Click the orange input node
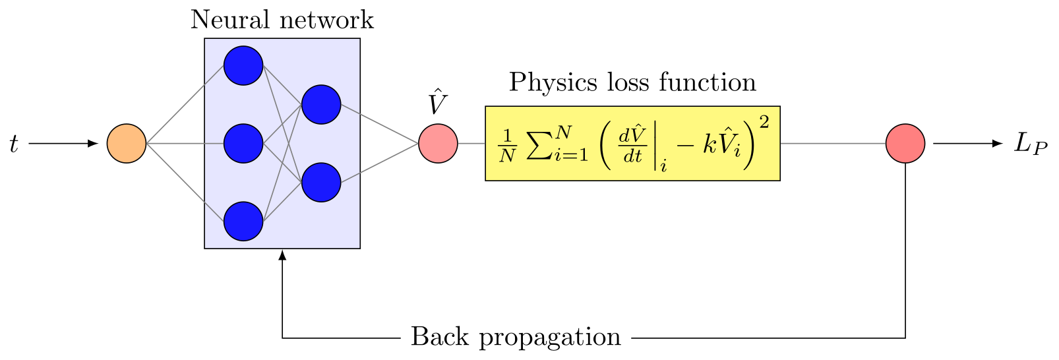tap(126, 144)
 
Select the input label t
tap(14, 144)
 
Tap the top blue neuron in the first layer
tap(243, 66)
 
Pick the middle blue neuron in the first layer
tap(243, 144)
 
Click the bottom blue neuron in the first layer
tap(243, 222)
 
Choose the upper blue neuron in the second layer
tap(321, 104)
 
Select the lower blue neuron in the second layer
tap(321, 183)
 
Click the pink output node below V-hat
tap(438, 144)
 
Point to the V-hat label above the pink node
tap(438, 102)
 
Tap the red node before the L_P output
tap(905, 144)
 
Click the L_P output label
tap(1031, 144)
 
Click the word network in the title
tap(326, 20)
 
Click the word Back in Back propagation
tap(440, 337)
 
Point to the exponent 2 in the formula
tap(764, 123)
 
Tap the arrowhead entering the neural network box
tap(282, 255)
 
